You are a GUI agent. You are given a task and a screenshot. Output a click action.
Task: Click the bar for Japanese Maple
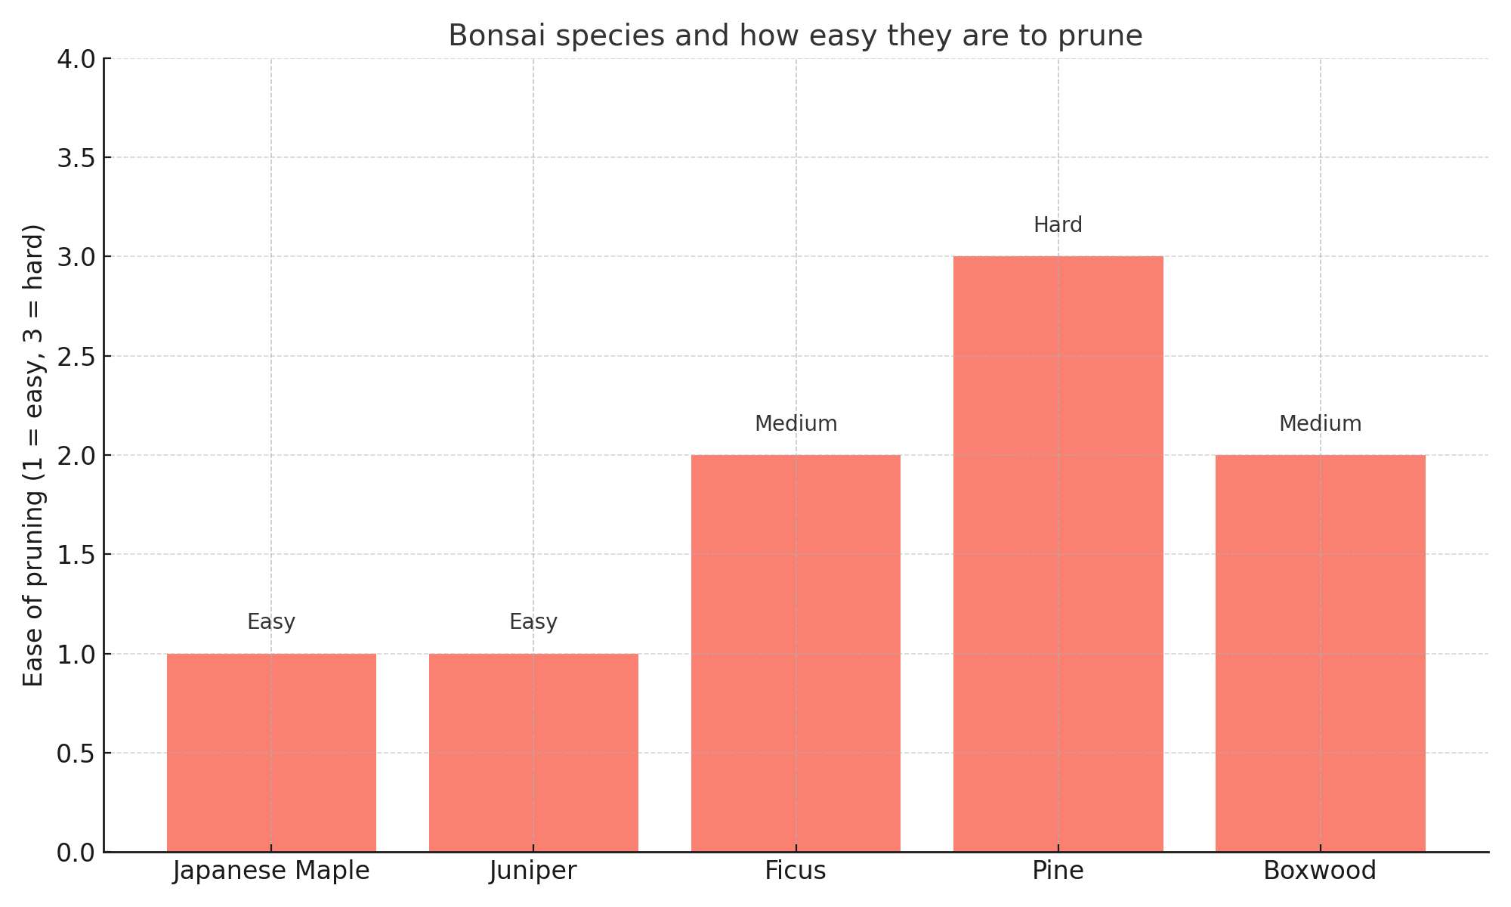coord(271,752)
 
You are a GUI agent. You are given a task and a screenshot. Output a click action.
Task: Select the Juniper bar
coord(533,752)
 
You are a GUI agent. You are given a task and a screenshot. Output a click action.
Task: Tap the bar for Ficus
coord(796,653)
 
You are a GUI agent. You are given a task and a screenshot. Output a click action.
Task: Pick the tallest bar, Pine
coord(1058,554)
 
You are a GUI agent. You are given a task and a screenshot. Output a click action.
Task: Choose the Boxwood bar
coord(1320,653)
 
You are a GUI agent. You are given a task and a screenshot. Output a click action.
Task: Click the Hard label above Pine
coord(1058,225)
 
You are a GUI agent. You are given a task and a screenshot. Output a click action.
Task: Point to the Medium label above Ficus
coord(796,424)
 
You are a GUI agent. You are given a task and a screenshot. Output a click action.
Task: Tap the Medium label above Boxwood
coord(1320,424)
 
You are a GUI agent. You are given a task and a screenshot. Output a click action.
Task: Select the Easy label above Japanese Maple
coord(271,622)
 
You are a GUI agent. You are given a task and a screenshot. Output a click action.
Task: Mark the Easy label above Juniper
coord(533,622)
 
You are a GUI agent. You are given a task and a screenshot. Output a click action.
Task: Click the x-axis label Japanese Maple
coord(271,871)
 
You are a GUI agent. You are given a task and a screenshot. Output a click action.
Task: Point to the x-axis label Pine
coord(1058,871)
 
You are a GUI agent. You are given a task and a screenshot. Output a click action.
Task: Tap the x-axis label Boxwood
coord(1320,871)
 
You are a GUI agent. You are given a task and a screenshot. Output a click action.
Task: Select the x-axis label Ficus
coord(796,871)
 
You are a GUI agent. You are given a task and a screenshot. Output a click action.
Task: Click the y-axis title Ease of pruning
coord(34,455)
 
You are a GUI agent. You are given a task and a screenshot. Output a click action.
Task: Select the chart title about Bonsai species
coord(796,36)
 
